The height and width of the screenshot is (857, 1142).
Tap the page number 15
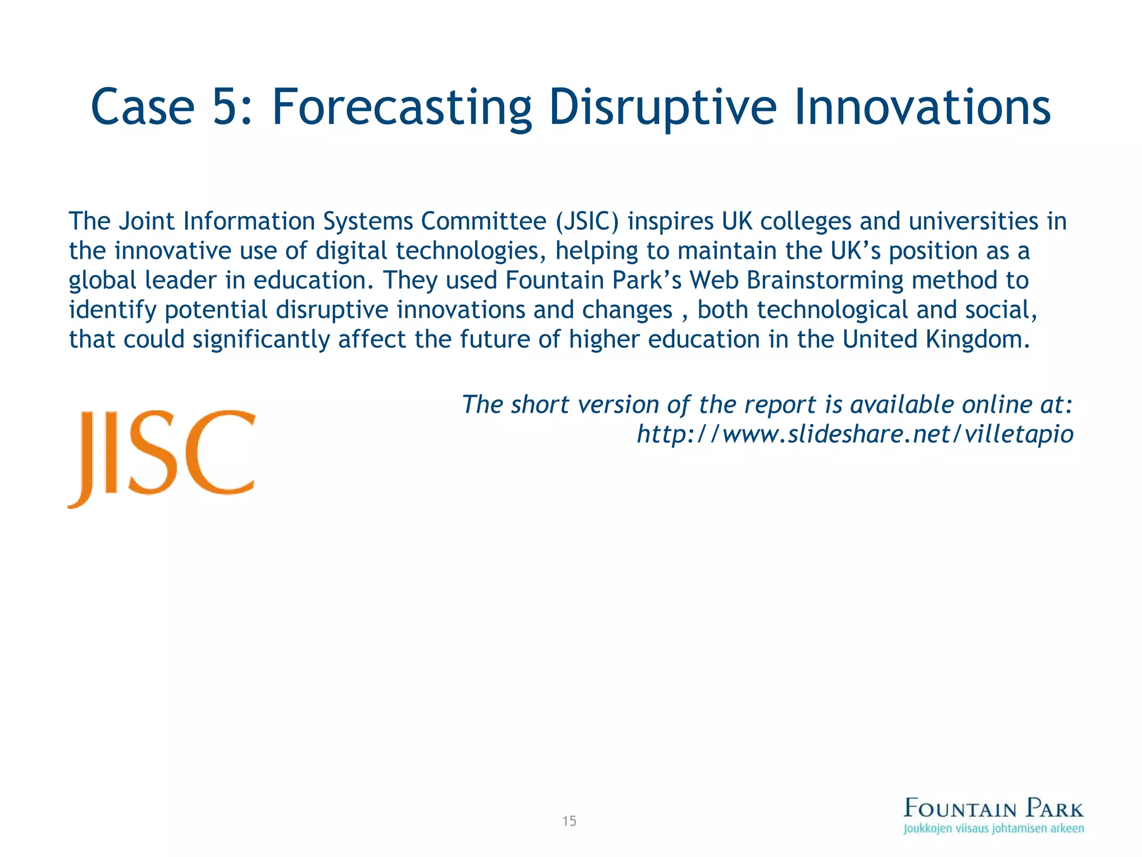[x=569, y=821]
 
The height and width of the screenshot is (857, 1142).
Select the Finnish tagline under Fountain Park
[x=994, y=829]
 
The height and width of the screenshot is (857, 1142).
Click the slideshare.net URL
[x=855, y=434]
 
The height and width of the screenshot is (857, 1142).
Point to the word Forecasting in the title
[x=401, y=107]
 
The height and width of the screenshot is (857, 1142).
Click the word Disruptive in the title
[x=662, y=107]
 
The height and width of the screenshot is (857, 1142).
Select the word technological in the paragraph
[x=833, y=310]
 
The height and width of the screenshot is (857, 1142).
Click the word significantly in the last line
[x=261, y=339]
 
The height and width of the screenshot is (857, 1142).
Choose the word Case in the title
[x=143, y=107]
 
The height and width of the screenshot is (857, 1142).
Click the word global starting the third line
[x=103, y=280]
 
